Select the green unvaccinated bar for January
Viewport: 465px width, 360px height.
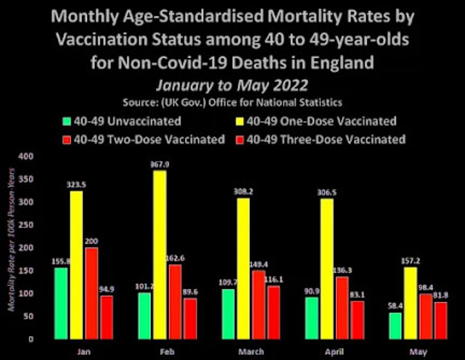tap(61, 303)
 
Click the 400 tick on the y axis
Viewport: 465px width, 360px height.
tap(27, 157)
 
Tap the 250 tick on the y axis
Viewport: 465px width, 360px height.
tap(27, 225)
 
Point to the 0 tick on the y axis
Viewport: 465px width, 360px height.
tap(33, 339)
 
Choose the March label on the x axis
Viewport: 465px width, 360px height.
tap(251, 351)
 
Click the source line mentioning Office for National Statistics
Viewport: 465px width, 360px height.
tap(232, 103)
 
